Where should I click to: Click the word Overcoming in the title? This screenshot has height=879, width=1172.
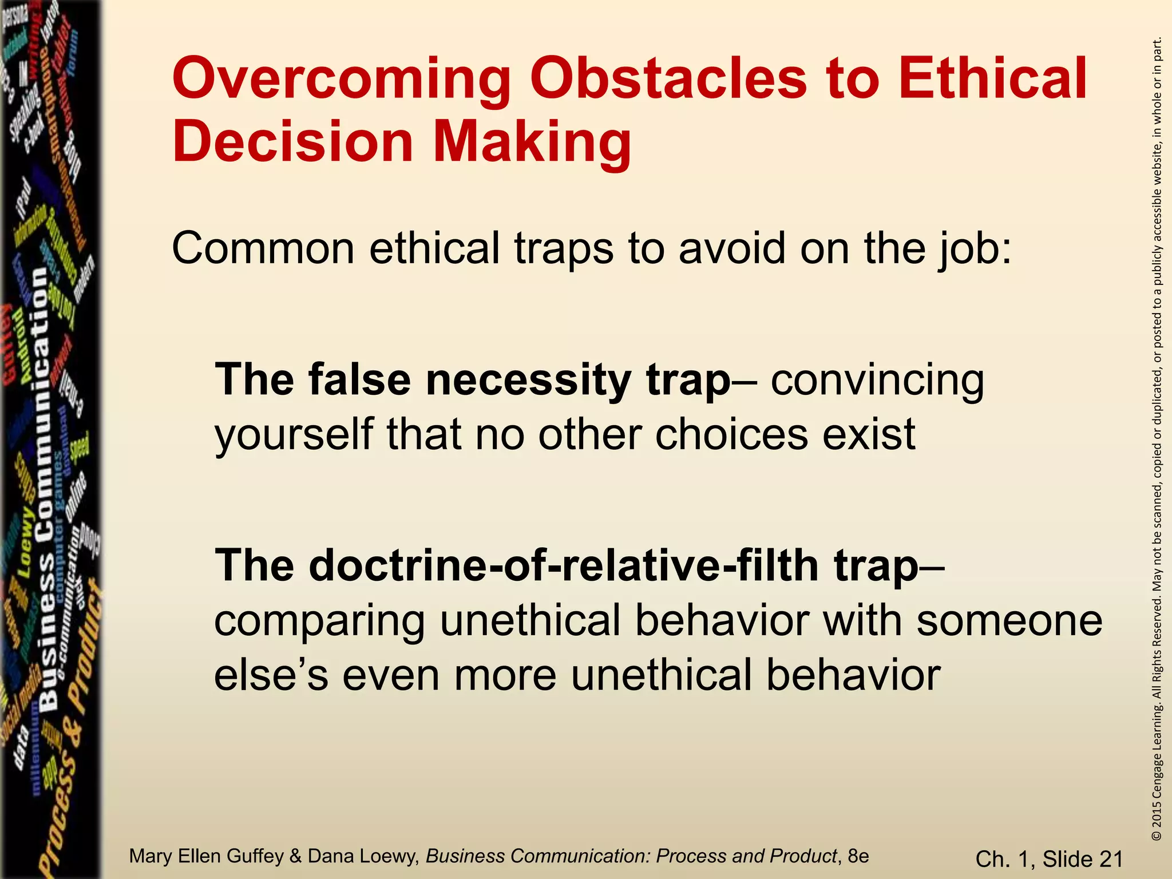point(341,80)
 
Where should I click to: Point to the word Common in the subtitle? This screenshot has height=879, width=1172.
point(263,248)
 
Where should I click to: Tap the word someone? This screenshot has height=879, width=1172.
point(1009,620)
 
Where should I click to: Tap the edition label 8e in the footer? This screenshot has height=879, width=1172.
point(858,856)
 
